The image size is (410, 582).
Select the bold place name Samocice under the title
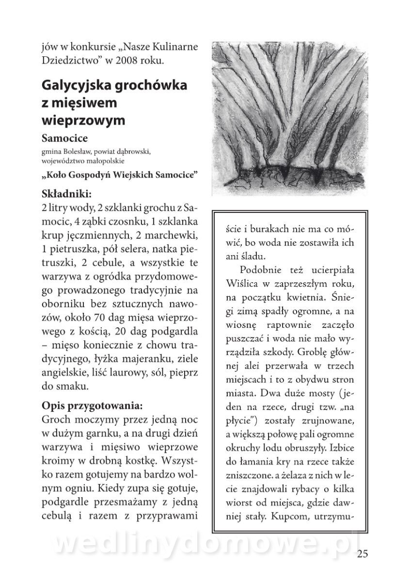point(64,139)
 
